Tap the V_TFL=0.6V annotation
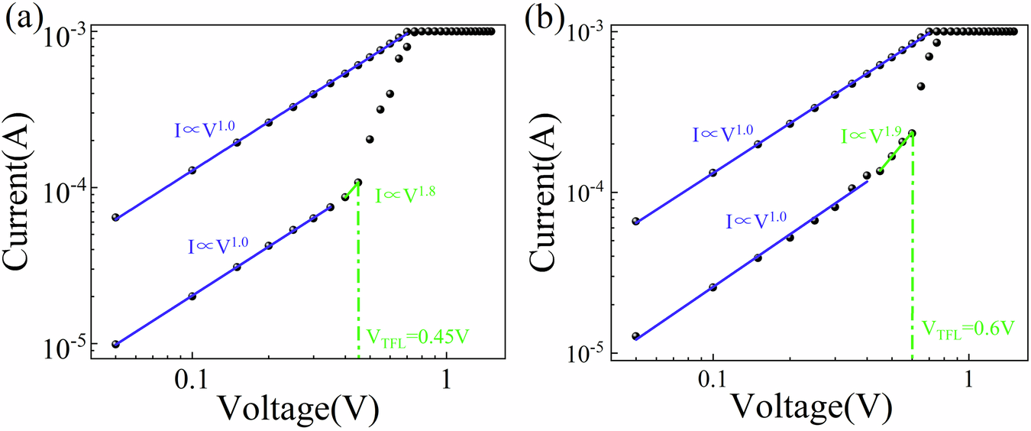pyautogui.click(x=968, y=329)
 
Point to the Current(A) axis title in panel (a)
pyautogui.click(x=23, y=187)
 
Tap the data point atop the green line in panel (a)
pyautogui.click(x=357, y=183)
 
